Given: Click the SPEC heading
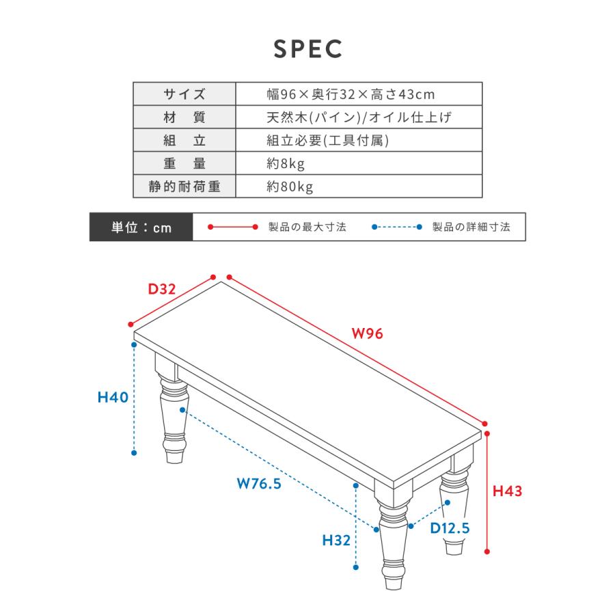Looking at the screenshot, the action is [x=308, y=49].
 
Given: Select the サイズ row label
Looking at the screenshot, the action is [x=184, y=94].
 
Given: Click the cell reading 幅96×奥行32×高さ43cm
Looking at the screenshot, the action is [x=351, y=94].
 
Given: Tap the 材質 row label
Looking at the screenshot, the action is [x=184, y=117].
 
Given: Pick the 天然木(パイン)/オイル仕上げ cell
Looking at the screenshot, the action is [x=359, y=117].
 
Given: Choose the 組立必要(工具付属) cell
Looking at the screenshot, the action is [x=327, y=140].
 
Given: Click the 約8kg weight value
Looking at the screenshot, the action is [x=286, y=163].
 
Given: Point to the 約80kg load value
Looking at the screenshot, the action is [x=290, y=187].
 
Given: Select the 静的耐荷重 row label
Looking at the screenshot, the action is [x=184, y=187].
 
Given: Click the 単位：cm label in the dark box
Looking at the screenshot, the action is [x=141, y=227].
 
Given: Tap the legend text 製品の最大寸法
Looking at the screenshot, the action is [x=307, y=227].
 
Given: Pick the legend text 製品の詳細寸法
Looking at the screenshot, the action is [x=471, y=227].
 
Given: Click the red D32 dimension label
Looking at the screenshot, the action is [x=161, y=289].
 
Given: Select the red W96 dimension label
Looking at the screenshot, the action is [x=367, y=333].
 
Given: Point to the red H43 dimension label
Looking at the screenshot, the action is [x=507, y=491].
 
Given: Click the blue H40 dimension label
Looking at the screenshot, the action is [x=113, y=397].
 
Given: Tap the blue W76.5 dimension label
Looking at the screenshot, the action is [x=259, y=483].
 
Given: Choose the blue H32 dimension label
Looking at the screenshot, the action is [x=336, y=540].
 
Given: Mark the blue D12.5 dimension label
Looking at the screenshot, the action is [x=450, y=528].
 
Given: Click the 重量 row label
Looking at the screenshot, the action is [x=184, y=163].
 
